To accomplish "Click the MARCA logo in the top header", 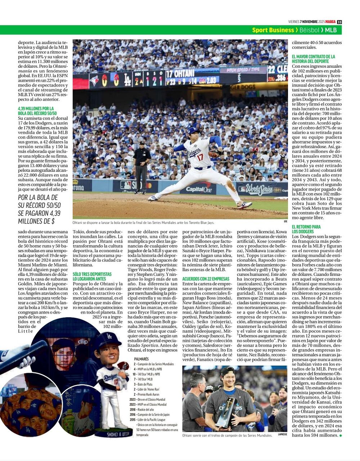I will (x=331, y=22).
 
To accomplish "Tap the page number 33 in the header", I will (x=339, y=22).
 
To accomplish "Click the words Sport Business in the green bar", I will (x=273, y=30).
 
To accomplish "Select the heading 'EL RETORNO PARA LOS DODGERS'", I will (x=306, y=229).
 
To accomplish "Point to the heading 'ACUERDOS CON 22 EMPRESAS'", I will (x=206, y=279).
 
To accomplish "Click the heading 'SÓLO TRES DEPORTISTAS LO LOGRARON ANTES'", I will (x=92, y=277).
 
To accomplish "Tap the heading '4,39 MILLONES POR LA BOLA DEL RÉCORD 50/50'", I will (x=36, y=111).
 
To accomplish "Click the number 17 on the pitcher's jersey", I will (x=200, y=157).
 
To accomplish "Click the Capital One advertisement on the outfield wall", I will (x=198, y=188).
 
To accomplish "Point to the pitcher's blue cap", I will (x=193, y=130).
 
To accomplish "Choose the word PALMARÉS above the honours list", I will (x=141, y=359).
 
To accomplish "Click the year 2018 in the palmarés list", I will (x=132, y=409).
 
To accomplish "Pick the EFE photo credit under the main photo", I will (x=285, y=221).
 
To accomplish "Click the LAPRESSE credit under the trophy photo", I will (x=282, y=434).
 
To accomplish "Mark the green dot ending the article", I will (x=340, y=435).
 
